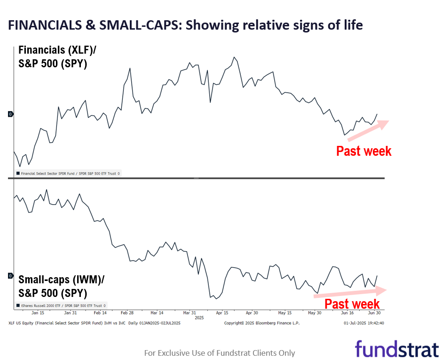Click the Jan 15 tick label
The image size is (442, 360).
[38, 312]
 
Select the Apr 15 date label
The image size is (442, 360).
[222, 312]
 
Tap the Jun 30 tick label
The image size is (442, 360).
[374, 312]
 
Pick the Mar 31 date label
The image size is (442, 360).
[189, 312]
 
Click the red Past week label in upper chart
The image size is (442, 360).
[363, 151]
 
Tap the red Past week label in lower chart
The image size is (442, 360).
[352, 303]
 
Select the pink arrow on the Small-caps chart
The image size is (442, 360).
[350, 292]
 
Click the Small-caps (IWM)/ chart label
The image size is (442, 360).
[62, 280]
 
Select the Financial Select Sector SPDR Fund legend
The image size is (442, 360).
[69, 174]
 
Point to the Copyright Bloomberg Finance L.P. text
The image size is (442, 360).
[261, 323]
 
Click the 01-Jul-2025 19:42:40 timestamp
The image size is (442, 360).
[363, 323]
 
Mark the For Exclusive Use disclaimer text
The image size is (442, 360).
[220, 353]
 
